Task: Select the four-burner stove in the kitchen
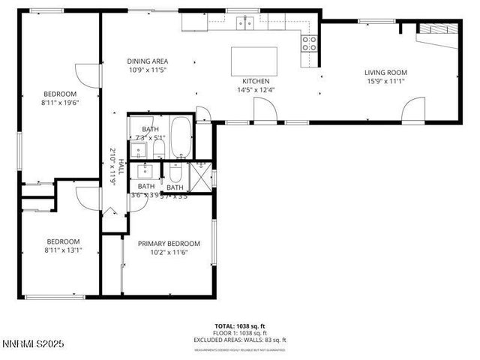tap(308, 43)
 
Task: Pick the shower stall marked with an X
tap(199, 179)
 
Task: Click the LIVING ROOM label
tap(385, 73)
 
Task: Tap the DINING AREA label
tap(147, 61)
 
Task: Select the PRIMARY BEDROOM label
tap(169, 244)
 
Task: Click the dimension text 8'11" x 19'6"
tap(61, 104)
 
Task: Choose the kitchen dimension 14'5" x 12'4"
tap(255, 90)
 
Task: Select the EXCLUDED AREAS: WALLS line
tap(240, 338)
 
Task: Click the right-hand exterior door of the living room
tap(412, 112)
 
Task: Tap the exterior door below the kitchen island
tap(264, 112)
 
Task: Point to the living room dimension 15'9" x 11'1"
tap(385, 82)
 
